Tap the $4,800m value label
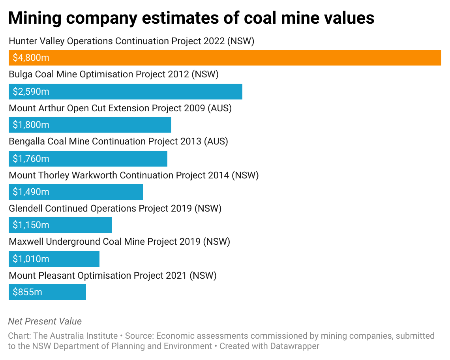(31, 58)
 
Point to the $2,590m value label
(31, 92)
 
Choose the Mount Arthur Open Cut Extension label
(120, 108)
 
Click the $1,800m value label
(31, 125)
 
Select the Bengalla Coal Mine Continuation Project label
(118, 141)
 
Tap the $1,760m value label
(31, 159)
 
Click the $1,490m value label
(31, 192)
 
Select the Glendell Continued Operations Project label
(115, 208)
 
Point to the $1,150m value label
(31, 225)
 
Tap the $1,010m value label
(31, 259)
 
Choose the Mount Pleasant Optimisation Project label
(112, 276)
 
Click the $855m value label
(27, 292)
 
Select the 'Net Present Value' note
(45, 321)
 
